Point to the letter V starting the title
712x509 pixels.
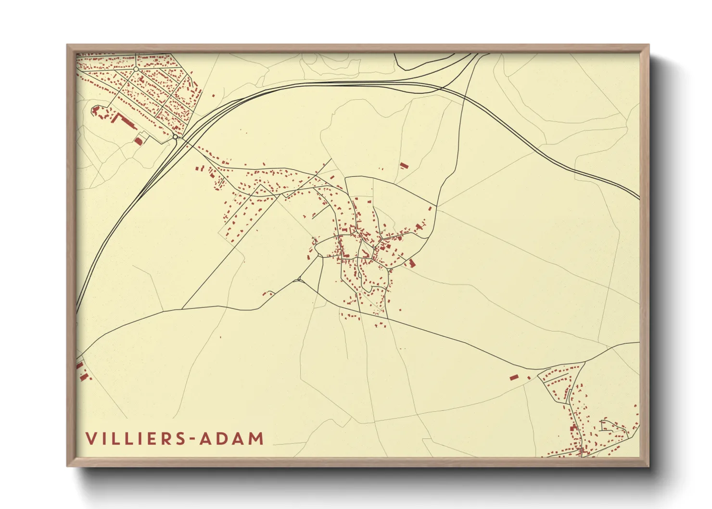[x=90, y=439]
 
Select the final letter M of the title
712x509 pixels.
[x=257, y=439]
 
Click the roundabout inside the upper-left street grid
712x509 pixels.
[x=136, y=69]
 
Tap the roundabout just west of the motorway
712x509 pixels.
[x=176, y=137]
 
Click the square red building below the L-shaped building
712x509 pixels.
[x=139, y=141]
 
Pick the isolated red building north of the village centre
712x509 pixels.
[x=404, y=165]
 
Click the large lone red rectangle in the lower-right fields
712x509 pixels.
[x=514, y=377]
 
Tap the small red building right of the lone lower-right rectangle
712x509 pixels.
[x=529, y=378]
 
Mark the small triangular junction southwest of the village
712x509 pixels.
[x=299, y=280]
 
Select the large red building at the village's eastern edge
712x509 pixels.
[x=412, y=263]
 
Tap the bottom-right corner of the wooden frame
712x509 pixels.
[x=648, y=466]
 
